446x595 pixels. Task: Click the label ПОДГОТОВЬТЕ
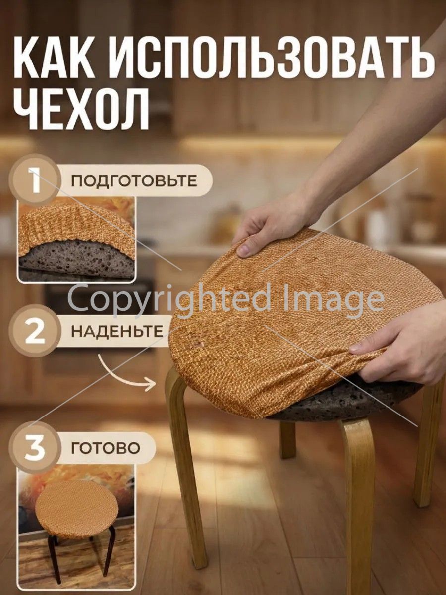pos(134,181)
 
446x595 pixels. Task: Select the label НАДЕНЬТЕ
pos(117,331)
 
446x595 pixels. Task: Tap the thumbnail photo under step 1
pos(76,239)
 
